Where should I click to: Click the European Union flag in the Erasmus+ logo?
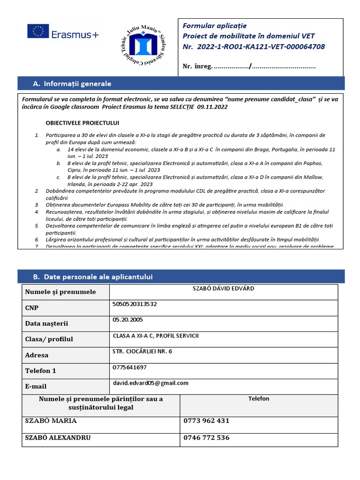coord(37,31)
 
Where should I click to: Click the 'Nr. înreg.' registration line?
coord(248,66)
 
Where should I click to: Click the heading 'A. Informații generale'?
coord(72,84)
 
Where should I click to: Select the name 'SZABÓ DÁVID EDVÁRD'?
coord(223,288)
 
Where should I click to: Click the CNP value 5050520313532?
coord(135,304)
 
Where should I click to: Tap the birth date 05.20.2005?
coord(128,320)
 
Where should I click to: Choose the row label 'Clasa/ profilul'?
coord(49,339)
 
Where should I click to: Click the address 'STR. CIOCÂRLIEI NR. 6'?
coord(142,351)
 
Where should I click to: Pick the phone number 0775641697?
coord(129,367)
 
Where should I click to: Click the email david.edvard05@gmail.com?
coord(150,383)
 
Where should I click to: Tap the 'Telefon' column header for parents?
coord(258,399)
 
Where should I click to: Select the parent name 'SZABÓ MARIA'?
coord(51,421)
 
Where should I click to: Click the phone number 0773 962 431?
coord(206,421)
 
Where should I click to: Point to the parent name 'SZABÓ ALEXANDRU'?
coord(58,438)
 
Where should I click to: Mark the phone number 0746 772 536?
coord(206,438)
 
